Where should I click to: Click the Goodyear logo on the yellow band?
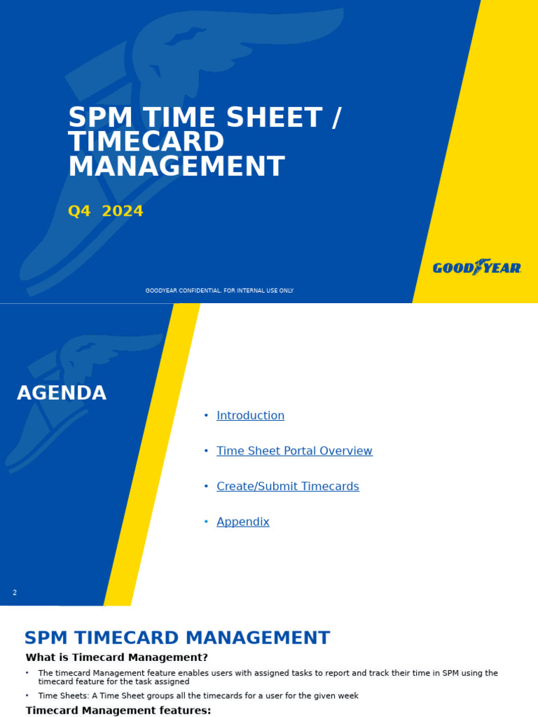[x=476, y=267]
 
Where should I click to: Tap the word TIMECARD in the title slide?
[x=146, y=142]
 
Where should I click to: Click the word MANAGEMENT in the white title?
[x=176, y=167]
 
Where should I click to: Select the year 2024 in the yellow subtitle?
[x=123, y=211]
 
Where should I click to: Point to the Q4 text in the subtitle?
[x=79, y=211]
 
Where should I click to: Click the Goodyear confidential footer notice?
[x=219, y=291]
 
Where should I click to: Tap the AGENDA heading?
[x=62, y=394]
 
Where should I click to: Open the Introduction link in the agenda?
[x=250, y=416]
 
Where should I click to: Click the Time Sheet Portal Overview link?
[x=294, y=451]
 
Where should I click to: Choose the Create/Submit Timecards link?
[x=287, y=487]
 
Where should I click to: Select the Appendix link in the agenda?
[x=242, y=522]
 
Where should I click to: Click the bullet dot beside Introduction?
[x=206, y=416]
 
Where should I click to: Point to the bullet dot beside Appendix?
[x=206, y=522]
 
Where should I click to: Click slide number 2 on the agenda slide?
[x=15, y=593]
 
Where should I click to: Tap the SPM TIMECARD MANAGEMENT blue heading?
[x=177, y=639]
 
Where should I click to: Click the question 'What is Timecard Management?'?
[x=116, y=657]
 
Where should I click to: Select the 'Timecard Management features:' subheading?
[x=118, y=711]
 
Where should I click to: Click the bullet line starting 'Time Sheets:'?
[x=198, y=696]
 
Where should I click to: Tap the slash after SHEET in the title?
[x=336, y=118]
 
